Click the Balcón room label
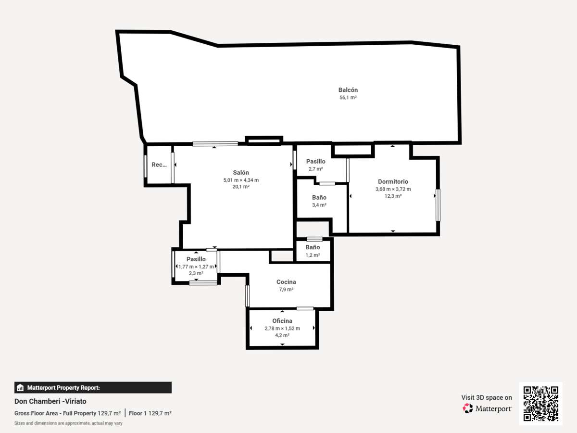point(348,90)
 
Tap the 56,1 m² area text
point(348,98)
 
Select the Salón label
point(241,172)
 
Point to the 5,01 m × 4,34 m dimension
point(241,180)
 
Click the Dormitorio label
point(393,181)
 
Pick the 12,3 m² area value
point(393,196)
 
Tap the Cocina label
point(286,282)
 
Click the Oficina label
point(282,321)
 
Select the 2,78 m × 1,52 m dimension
point(282,329)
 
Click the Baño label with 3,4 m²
point(319,197)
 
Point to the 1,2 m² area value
point(313,255)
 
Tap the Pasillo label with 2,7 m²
point(316,162)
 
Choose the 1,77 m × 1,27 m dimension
point(196,267)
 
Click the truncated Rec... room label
point(159,165)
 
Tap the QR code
point(541,403)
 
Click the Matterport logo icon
point(468,408)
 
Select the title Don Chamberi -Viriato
point(50,401)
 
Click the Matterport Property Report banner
point(93,387)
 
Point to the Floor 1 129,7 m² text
point(150,413)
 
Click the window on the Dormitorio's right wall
point(438,205)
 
